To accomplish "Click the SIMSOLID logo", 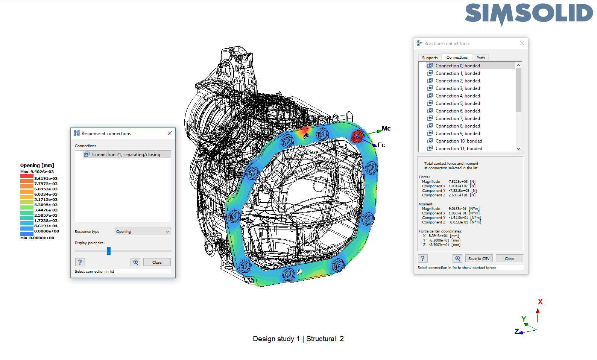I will coord(529,14).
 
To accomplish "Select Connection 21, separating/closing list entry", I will coord(126,155).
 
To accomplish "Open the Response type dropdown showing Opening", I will coord(143,232).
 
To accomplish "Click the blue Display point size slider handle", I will coord(109,251).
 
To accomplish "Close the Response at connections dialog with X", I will coord(170,133).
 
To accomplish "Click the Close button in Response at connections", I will coord(157,262).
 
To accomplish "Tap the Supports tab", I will coord(430,58).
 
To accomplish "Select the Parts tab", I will coord(480,58).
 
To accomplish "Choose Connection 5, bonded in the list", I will coord(457,103).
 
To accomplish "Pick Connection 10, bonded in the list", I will coord(459,141).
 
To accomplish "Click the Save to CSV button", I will coord(479,258).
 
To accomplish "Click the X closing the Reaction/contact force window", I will coord(522,43).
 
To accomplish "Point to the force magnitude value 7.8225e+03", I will coord(458,182).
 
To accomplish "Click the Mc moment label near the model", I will coord(386,129).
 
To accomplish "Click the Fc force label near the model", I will coord(381,145).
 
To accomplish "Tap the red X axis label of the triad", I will coord(540,302).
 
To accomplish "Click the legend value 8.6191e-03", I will coord(46,179).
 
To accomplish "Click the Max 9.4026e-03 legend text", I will coord(37,172).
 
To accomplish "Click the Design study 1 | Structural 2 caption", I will coord(298,339).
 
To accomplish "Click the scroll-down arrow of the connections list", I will coord(518,149).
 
